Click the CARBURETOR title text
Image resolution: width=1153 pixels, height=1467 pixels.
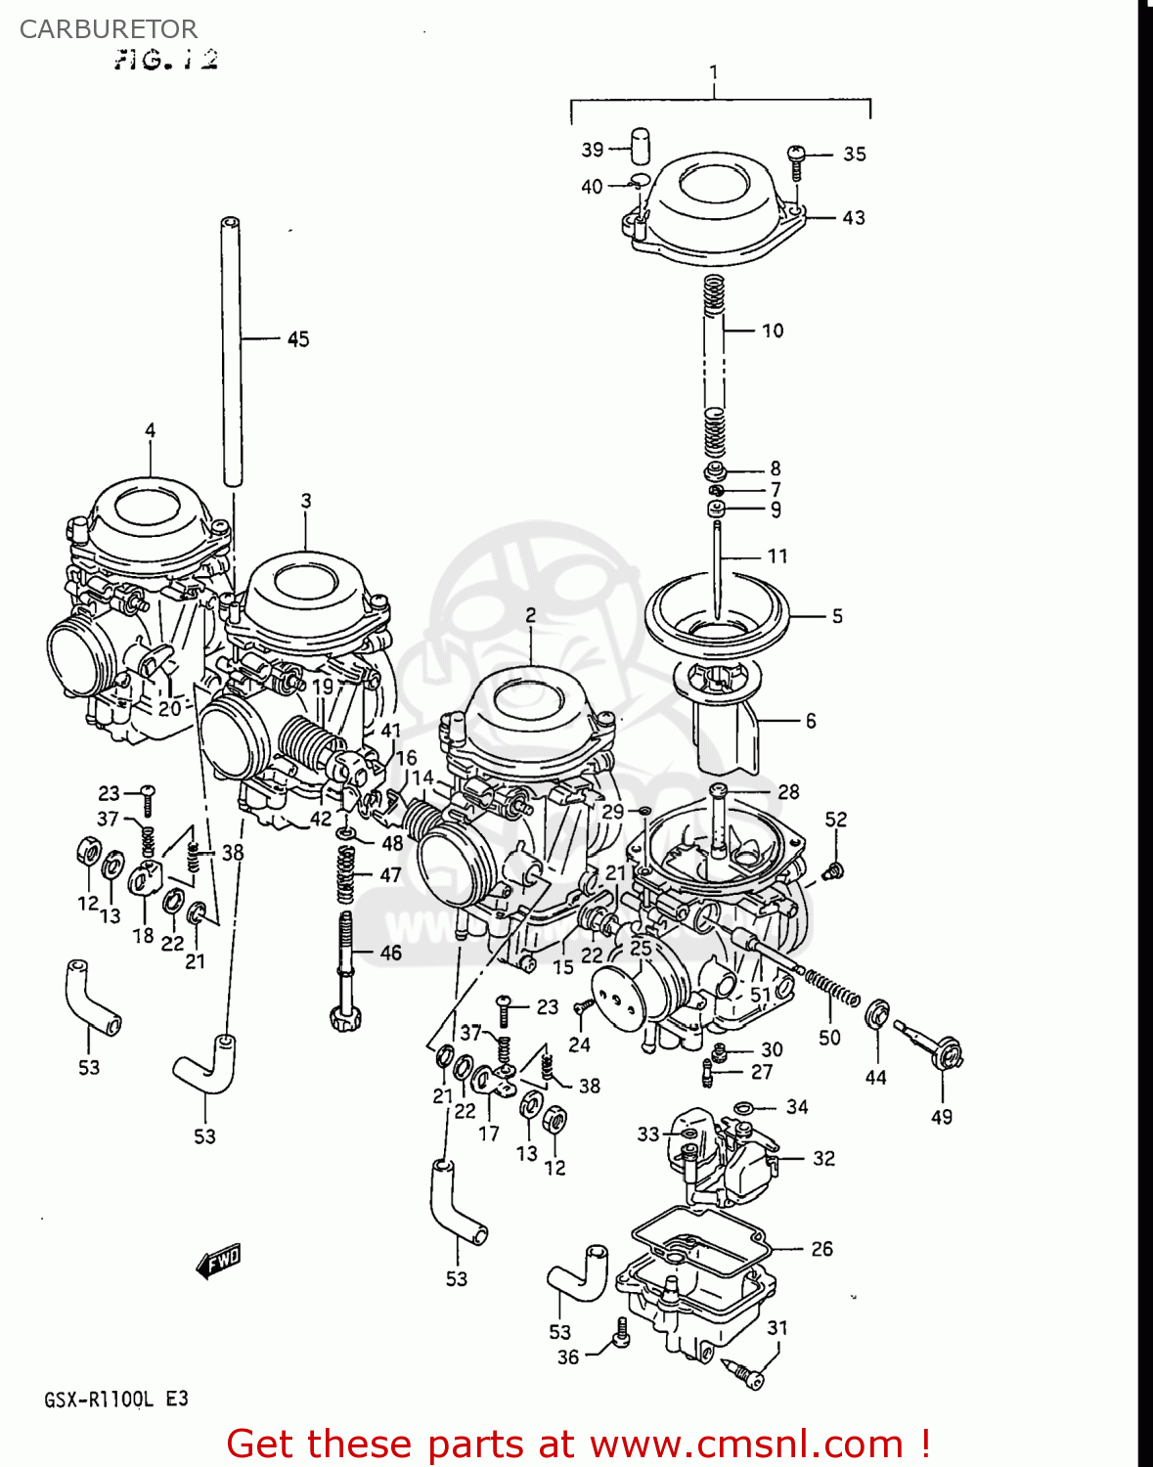(x=108, y=29)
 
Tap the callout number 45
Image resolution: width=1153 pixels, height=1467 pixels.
(x=298, y=339)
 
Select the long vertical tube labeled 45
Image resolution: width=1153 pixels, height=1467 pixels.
(x=232, y=352)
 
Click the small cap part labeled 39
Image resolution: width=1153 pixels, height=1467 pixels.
(x=641, y=146)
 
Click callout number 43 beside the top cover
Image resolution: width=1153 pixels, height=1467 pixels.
(x=854, y=217)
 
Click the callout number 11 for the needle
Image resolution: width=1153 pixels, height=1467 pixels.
(x=777, y=556)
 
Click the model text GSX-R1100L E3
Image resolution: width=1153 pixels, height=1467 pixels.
(x=115, y=1400)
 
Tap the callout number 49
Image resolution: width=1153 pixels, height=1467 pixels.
(x=942, y=1117)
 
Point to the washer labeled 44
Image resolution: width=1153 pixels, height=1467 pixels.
(x=877, y=1014)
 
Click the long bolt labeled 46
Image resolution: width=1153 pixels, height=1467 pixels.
(x=345, y=968)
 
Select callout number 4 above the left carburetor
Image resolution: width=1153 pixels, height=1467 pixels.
(x=151, y=430)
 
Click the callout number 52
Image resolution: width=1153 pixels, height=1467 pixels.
(x=836, y=820)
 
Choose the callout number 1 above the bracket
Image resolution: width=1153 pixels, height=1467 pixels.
(x=714, y=71)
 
